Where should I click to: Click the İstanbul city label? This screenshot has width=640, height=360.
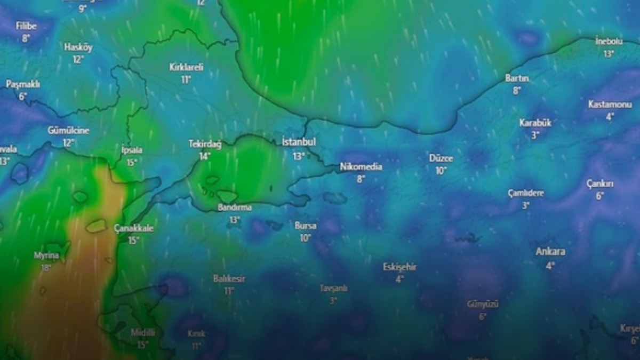(x=299, y=142)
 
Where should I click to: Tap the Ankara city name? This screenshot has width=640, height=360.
(x=550, y=252)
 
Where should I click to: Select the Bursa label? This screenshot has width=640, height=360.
(x=305, y=226)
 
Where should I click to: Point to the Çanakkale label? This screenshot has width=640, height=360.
(x=134, y=228)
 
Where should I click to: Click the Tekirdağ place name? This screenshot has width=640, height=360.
(x=205, y=143)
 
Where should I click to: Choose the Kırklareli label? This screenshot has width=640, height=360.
(x=186, y=67)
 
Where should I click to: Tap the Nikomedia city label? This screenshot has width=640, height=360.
(x=361, y=167)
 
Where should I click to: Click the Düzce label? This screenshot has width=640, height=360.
(x=441, y=158)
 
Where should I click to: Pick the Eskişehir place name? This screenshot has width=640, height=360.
(x=399, y=267)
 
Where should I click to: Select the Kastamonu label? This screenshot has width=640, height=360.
(x=610, y=104)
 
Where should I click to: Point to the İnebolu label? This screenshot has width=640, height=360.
(x=609, y=41)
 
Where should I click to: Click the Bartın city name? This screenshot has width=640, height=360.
(x=517, y=78)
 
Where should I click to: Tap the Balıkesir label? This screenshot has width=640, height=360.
(x=229, y=278)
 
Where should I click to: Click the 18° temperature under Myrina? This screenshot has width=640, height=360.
(x=46, y=267)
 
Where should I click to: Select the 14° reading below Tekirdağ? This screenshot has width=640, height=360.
(x=205, y=156)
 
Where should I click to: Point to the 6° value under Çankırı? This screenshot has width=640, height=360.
(x=600, y=196)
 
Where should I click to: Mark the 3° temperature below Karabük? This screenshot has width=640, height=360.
(x=535, y=135)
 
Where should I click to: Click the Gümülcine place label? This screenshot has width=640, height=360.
(x=68, y=131)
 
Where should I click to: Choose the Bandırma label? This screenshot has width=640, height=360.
(x=235, y=207)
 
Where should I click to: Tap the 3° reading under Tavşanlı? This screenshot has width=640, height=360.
(x=333, y=300)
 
